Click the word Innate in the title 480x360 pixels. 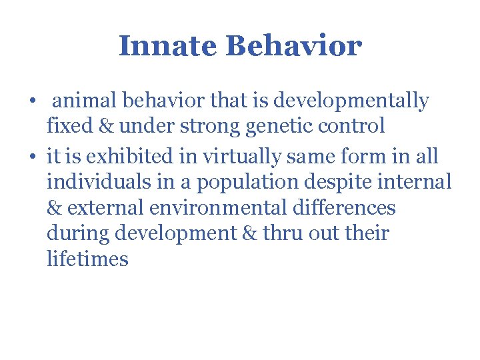tap(169, 47)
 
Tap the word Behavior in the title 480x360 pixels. tap(293, 47)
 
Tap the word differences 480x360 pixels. tap(344, 207)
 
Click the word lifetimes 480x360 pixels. tap(87, 258)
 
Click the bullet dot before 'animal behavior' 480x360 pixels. tap(33, 102)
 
